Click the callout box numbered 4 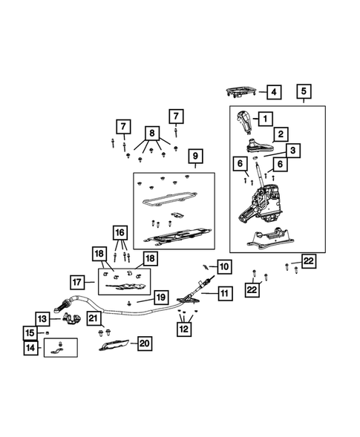(x=274, y=92)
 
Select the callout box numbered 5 (x=304, y=91)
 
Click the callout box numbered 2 (x=281, y=134)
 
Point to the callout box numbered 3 (x=292, y=151)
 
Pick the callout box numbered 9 (x=195, y=156)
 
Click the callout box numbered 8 (x=152, y=133)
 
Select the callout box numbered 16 (x=120, y=232)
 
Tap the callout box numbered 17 (x=77, y=283)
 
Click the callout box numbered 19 (x=161, y=298)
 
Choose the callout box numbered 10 (x=224, y=266)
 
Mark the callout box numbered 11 (x=225, y=293)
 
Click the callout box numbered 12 (x=184, y=329)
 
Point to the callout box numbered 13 (x=42, y=319)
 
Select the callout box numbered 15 (x=30, y=333)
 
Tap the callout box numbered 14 (x=30, y=348)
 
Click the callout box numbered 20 (x=145, y=344)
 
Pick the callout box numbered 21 (x=94, y=318)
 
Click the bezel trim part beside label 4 (x=241, y=92)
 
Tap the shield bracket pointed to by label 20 (x=114, y=345)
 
